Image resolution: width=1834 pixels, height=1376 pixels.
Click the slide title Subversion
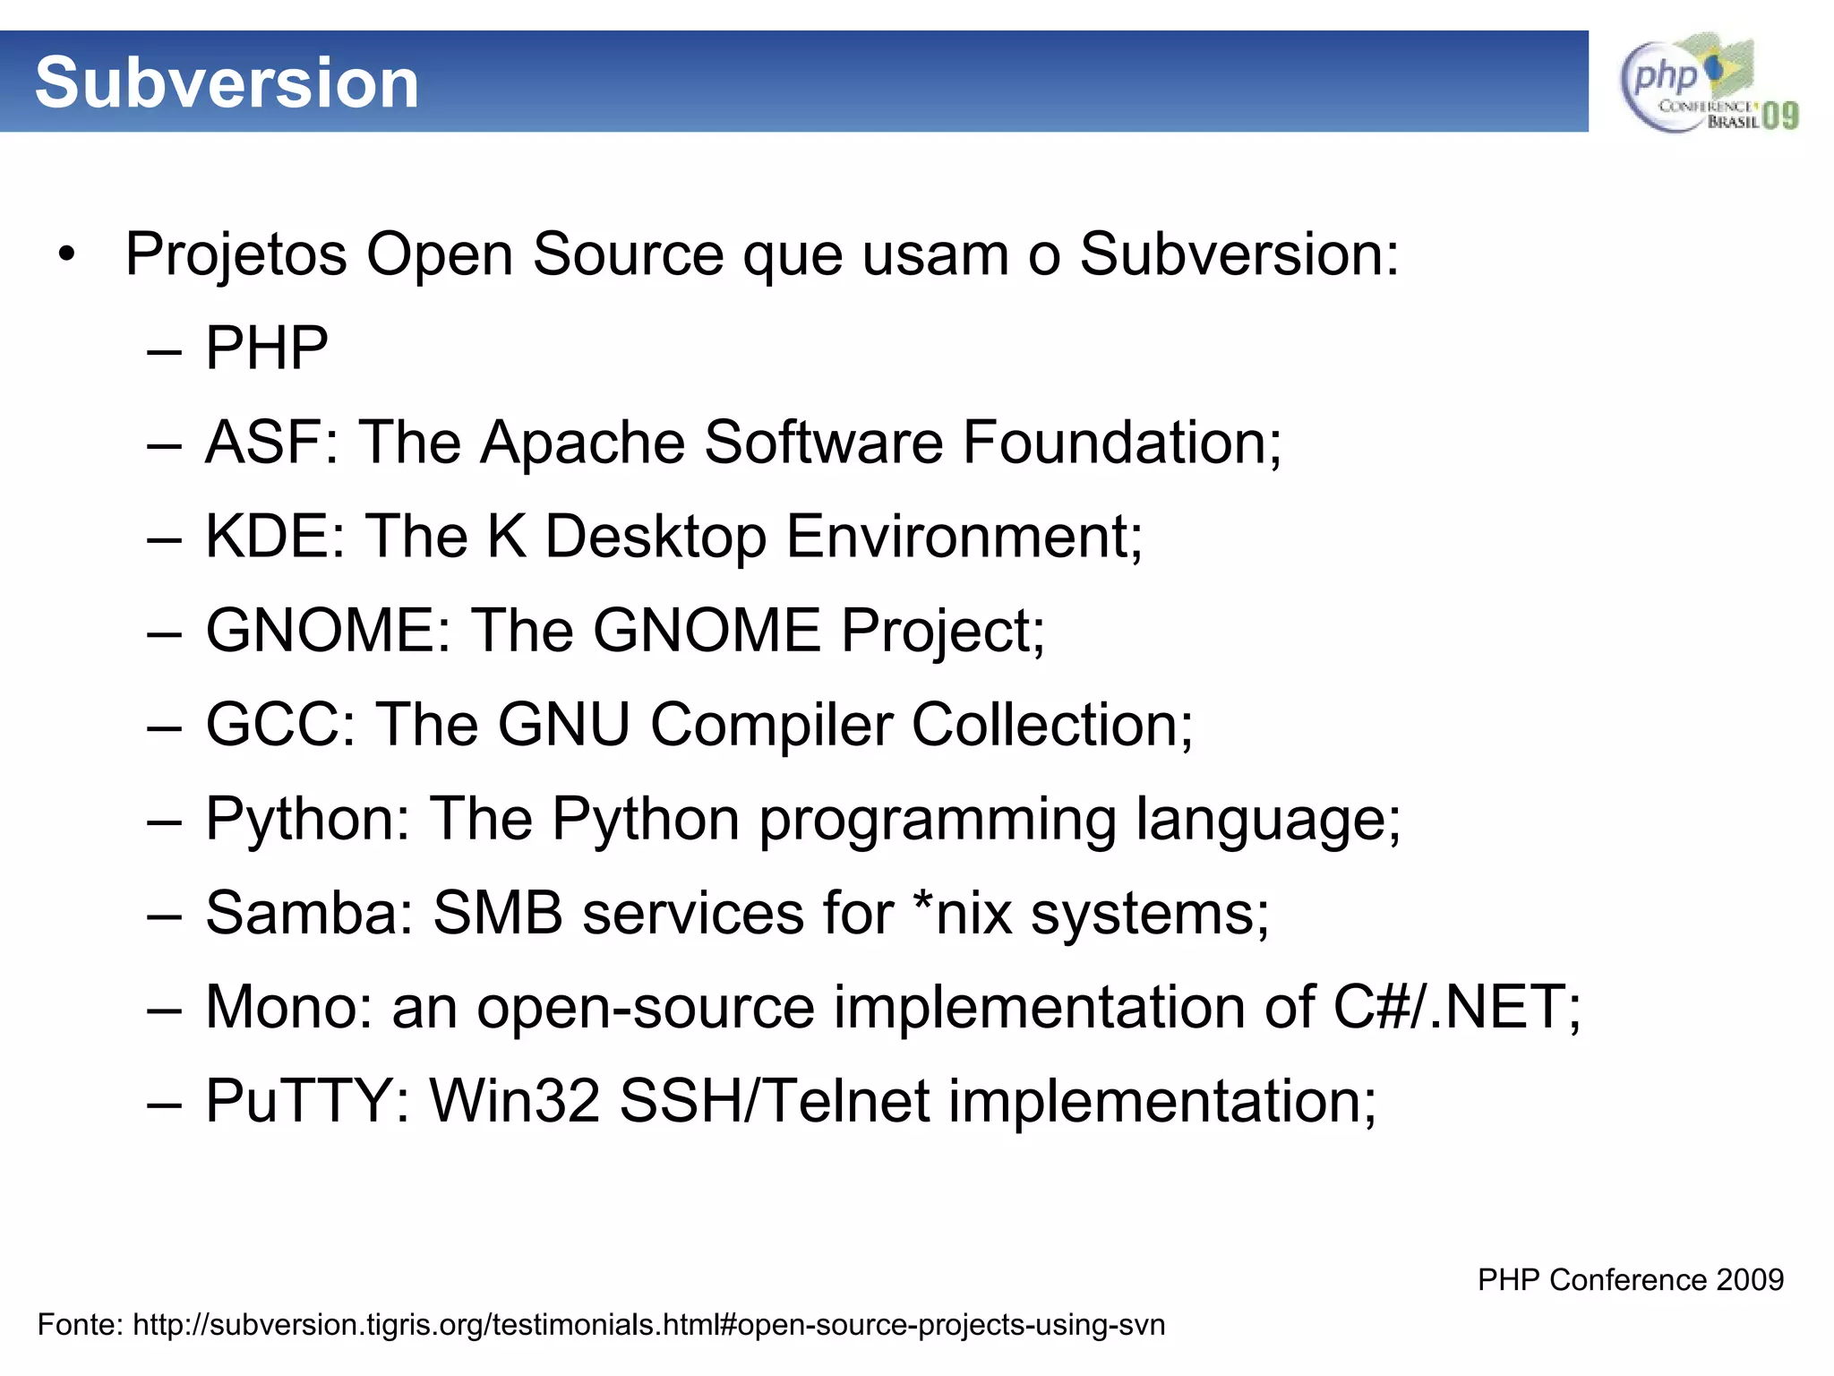pyautogui.click(x=227, y=82)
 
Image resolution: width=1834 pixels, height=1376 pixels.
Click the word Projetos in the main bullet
pyautogui.click(x=236, y=254)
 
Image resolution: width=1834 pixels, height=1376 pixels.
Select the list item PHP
pyautogui.click(x=267, y=348)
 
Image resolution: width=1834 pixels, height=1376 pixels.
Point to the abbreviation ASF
pyautogui.click(x=263, y=443)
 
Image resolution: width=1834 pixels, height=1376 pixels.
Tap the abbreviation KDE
pyautogui.click(x=267, y=537)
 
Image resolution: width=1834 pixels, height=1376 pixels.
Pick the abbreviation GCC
pyautogui.click(x=272, y=725)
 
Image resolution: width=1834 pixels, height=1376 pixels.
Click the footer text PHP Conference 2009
pyautogui.click(x=1630, y=1279)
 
